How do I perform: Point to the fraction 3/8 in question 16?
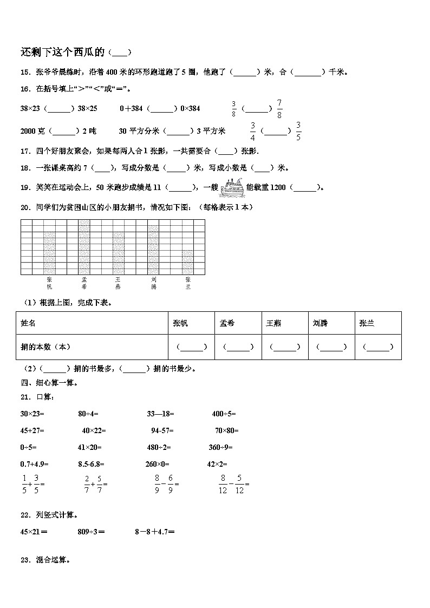point(234,108)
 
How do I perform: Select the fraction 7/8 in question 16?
point(279,108)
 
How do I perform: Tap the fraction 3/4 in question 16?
point(252,130)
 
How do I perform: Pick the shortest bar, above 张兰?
point(187,262)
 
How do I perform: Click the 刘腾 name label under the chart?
point(153,283)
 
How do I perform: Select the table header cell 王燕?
point(273,323)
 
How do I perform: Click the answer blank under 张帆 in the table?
point(191,347)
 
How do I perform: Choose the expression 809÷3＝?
point(91,532)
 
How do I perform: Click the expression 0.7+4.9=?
point(35,464)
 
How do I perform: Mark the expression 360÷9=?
point(220,447)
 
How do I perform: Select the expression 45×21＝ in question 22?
point(34,532)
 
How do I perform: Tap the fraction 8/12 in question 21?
point(223,484)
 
